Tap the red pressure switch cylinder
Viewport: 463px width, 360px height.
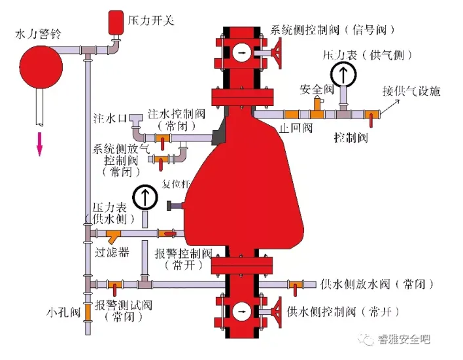[116, 22]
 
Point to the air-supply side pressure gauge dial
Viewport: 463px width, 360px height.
[343, 75]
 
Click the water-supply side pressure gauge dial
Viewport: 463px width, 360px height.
[144, 198]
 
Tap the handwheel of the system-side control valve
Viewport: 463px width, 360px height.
[278, 52]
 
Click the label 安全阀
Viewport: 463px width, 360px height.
[317, 89]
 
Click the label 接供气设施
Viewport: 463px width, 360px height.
[411, 91]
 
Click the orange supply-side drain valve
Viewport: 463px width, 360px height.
[296, 285]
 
